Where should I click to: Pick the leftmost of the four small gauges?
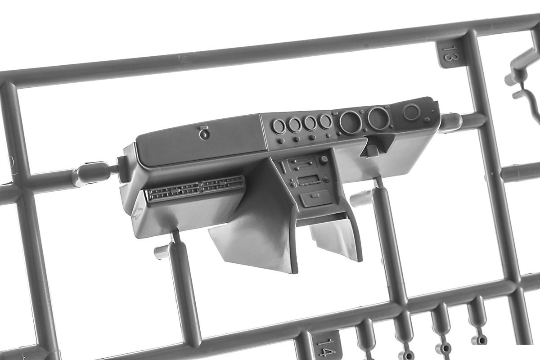coord(279,126)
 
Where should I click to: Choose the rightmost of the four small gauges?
coord(325,121)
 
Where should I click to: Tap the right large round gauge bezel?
coord(378,118)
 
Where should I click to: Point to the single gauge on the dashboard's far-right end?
coord(411,112)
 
